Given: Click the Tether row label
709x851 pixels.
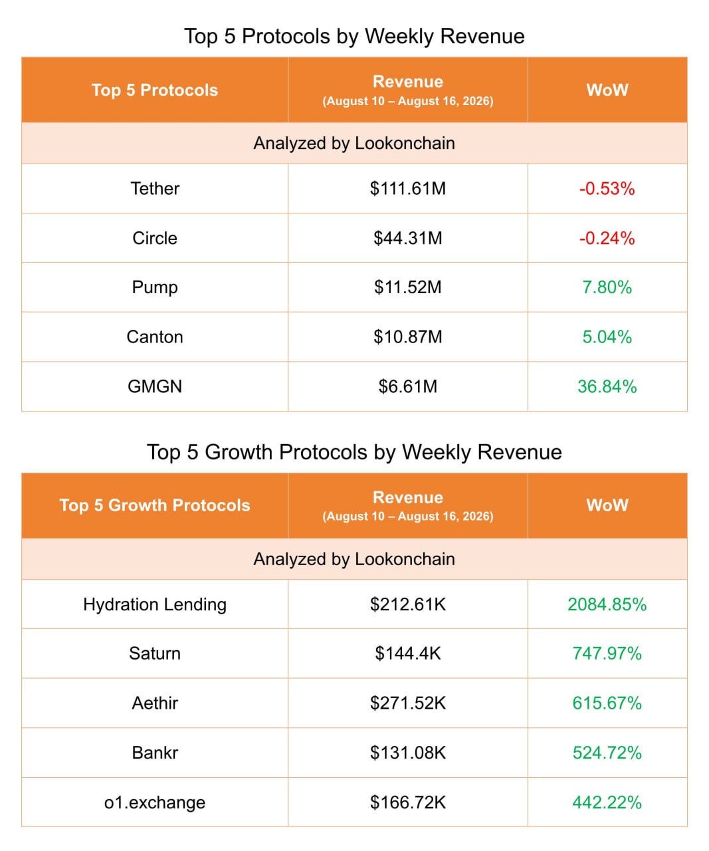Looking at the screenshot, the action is click(155, 188).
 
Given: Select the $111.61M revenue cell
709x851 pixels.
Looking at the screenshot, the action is click(408, 188).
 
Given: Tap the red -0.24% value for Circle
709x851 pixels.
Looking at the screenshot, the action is click(607, 238).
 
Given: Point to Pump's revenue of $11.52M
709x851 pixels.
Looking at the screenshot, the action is click(408, 287).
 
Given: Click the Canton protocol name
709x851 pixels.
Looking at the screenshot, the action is click(155, 336).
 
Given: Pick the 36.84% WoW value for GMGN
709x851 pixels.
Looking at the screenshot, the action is click(607, 386).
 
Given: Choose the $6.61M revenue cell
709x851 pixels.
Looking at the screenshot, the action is click(408, 386).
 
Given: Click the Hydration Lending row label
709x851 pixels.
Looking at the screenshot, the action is click(155, 604).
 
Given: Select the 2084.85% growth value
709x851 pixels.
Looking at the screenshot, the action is click(607, 604).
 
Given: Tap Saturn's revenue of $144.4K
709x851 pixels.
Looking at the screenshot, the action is click(408, 654).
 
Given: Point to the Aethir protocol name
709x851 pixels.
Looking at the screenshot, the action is click(155, 703).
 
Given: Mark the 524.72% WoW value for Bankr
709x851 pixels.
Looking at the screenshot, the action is click(607, 753).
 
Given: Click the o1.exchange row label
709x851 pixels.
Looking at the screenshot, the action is click(155, 802).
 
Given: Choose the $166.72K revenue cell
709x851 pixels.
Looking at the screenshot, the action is click(408, 802).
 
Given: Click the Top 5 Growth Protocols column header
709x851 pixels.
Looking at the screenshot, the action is click(155, 505).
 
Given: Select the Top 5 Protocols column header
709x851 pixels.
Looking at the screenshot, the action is click(155, 90).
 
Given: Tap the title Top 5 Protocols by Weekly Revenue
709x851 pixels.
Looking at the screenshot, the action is click(355, 37).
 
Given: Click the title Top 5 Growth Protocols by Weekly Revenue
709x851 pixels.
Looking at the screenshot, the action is click(355, 453).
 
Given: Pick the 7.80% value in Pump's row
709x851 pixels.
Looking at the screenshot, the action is click(607, 287).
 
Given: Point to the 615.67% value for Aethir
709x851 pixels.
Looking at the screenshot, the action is click(607, 703).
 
